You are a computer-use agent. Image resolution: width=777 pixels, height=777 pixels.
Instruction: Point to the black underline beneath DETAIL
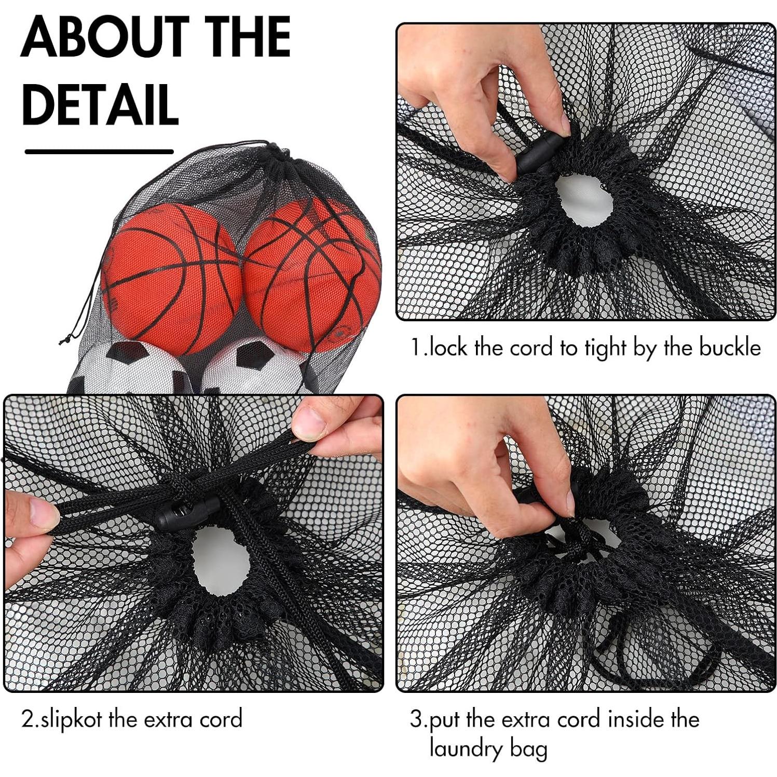99,152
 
